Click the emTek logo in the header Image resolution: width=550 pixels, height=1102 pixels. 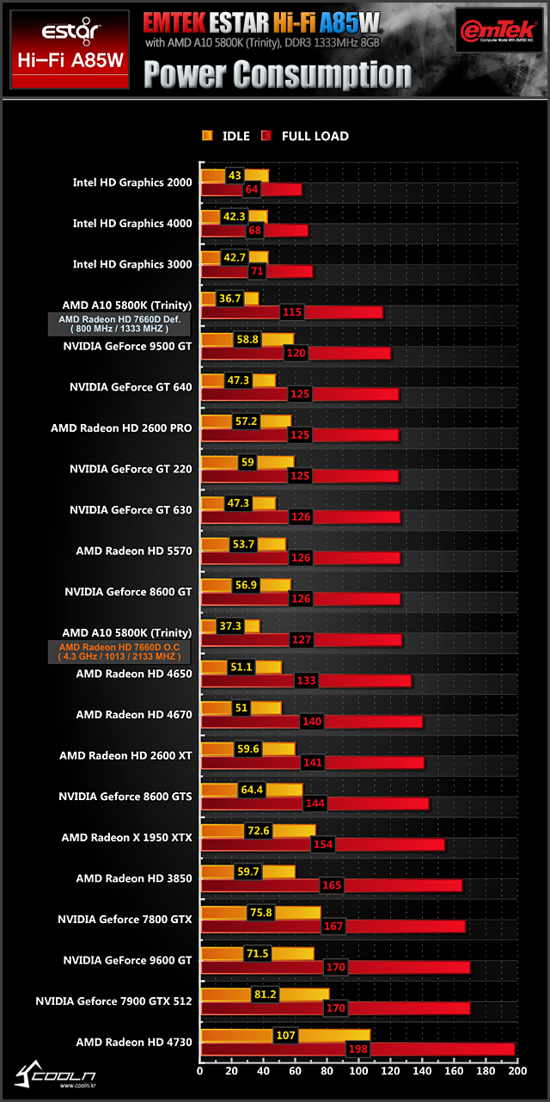(x=498, y=34)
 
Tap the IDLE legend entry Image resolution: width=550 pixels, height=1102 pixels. (x=226, y=136)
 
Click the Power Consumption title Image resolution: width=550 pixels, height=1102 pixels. (x=277, y=76)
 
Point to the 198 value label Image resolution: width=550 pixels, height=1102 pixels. (x=357, y=1049)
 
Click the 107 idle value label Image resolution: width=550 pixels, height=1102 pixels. (x=284, y=1035)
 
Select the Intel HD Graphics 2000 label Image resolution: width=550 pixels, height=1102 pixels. (x=132, y=182)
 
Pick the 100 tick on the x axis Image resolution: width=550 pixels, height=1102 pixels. (x=358, y=1071)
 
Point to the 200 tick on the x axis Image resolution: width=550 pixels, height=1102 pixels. (x=515, y=1071)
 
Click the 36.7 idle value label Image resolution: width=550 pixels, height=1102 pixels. (x=229, y=299)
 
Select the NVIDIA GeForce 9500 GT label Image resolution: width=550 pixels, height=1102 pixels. (x=127, y=346)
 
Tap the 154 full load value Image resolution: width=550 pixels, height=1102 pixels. (x=322, y=844)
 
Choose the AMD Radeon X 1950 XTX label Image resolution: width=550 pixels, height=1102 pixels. (x=126, y=837)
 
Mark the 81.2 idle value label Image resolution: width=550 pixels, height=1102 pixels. (x=263, y=994)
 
